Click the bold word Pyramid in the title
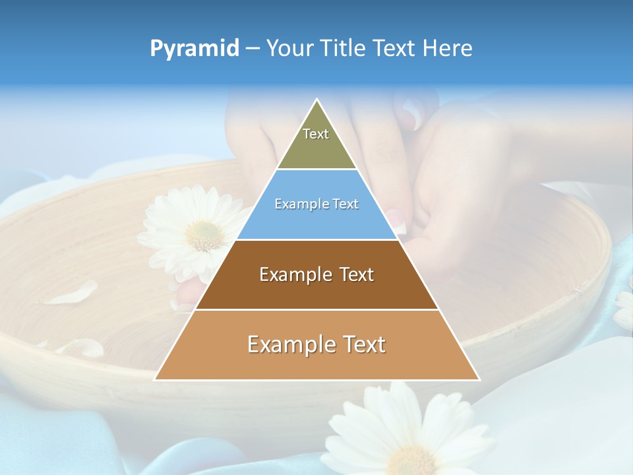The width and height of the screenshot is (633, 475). click(x=195, y=49)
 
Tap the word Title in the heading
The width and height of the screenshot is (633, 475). click(x=346, y=49)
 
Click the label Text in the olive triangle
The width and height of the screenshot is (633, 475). click(x=316, y=134)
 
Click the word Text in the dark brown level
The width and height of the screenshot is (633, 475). click(x=356, y=274)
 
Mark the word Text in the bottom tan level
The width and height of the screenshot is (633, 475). click(x=363, y=344)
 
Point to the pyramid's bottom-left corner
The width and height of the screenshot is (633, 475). click(x=155, y=379)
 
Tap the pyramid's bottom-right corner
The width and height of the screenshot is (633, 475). click(x=479, y=379)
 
